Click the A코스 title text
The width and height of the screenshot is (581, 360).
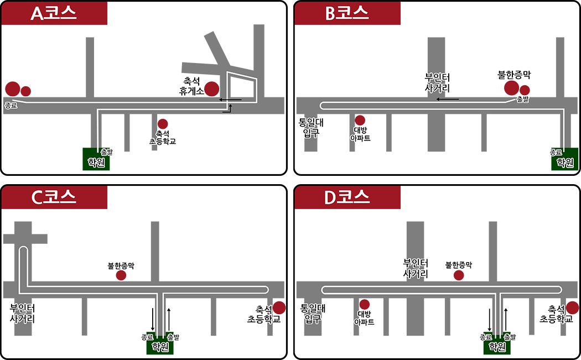53,14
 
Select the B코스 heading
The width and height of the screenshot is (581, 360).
347,14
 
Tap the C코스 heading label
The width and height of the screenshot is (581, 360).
54,197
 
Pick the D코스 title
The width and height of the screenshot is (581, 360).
347,197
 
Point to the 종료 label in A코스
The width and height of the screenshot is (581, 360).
11,105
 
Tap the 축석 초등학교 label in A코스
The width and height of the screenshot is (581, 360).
162,137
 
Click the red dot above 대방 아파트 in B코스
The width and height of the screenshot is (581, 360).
360,120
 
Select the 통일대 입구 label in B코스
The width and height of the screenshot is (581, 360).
311,128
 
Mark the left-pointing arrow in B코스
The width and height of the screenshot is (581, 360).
447,100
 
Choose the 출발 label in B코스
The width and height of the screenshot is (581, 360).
522,100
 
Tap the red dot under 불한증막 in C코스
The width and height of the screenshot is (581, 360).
121,275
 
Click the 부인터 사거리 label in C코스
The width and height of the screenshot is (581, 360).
23,314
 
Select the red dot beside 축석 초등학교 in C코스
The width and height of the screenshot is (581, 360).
279,307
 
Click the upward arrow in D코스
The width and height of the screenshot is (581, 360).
506,319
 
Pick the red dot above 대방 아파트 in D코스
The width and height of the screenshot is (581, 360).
364,304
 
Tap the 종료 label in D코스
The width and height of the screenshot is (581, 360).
486,336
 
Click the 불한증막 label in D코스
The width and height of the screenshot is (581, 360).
459,265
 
